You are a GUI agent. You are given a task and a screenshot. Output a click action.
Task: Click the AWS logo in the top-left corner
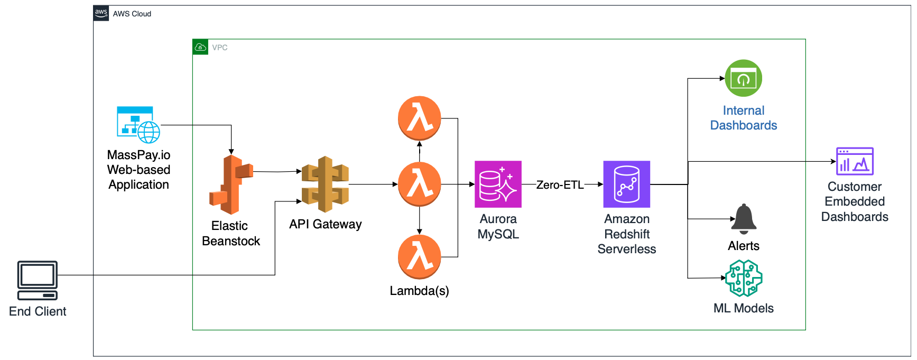coord(101,13)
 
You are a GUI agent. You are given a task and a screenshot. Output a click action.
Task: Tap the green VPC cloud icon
coord(200,47)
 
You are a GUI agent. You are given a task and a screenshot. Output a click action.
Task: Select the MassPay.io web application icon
coord(138,125)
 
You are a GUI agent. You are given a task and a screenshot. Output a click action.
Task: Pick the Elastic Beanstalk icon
coord(231,184)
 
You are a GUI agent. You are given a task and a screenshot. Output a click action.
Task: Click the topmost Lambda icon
coord(420,118)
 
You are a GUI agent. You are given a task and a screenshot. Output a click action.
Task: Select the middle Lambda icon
coord(420,184)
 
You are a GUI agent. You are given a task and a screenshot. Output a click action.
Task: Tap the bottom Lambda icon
coord(420,257)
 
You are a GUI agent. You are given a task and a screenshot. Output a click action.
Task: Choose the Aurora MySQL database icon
coord(498,184)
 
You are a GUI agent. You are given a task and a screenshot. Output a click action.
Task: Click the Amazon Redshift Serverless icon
coord(627,184)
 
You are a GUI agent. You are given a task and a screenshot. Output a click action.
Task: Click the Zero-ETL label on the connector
coord(560,185)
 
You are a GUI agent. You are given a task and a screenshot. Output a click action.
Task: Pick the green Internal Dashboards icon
coord(743,78)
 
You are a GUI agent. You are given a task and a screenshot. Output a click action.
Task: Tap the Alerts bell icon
coord(744,219)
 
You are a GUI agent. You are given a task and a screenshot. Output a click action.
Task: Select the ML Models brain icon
coord(744,278)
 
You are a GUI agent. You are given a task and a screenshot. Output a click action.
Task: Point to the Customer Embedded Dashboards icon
coord(855,161)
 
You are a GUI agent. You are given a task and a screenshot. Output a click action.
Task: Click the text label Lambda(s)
coord(419,291)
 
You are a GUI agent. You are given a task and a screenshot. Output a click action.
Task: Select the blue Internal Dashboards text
coord(743,118)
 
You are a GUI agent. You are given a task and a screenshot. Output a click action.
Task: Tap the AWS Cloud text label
coord(132,14)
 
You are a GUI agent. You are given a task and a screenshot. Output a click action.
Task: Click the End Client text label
coord(38,311)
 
